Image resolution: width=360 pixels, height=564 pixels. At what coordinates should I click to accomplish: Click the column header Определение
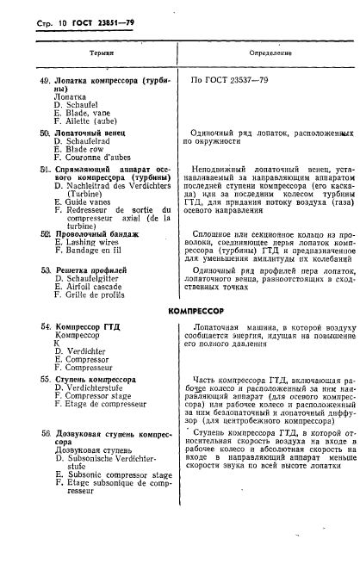click(269, 53)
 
